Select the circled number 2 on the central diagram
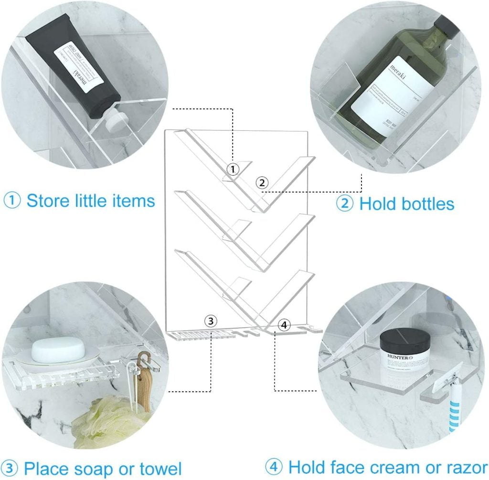[x=262, y=182]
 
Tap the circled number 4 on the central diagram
[x=284, y=325]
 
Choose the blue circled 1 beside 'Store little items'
[x=12, y=201]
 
